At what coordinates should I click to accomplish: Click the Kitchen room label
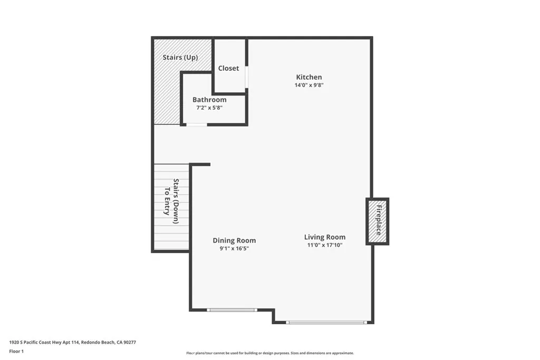[309, 77]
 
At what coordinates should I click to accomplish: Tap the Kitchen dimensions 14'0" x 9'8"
[309, 85]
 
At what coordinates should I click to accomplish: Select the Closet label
[228, 68]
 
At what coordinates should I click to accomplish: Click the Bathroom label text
[209, 100]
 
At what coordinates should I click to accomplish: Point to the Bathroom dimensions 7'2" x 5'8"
[209, 108]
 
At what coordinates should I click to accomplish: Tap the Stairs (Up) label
[180, 57]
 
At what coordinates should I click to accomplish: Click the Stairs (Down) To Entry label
[171, 201]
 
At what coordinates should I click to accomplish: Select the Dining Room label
[234, 240]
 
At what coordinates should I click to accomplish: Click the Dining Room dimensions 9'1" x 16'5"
[234, 248]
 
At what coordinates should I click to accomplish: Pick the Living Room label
[325, 237]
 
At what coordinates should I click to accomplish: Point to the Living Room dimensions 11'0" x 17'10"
[325, 245]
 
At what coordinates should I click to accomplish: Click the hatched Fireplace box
[378, 221]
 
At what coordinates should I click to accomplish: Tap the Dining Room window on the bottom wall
[232, 310]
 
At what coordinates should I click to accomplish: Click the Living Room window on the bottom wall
[326, 323]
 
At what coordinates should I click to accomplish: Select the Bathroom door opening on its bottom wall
[197, 124]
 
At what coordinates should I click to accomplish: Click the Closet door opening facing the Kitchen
[247, 77]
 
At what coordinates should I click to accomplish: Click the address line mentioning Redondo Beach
[73, 343]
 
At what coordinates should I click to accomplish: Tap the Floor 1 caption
[16, 352]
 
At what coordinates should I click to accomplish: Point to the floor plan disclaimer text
[270, 353]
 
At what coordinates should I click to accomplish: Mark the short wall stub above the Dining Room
[200, 164]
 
